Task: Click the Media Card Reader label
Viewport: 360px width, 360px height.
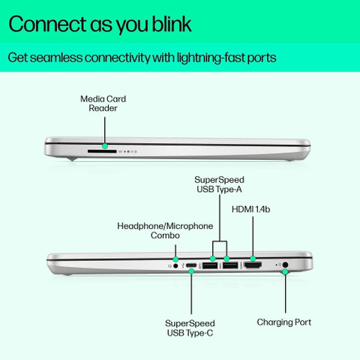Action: pos(103,103)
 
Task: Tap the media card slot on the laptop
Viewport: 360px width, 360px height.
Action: pos(102,151)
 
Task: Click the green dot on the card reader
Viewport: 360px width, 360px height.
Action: pos(105,146)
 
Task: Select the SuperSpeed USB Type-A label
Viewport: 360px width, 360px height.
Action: pos(219,184)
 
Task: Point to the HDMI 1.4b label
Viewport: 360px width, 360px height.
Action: pos(250,209)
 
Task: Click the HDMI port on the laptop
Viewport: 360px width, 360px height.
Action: pos(253,265)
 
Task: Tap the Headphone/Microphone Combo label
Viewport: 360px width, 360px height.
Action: pos(165,230)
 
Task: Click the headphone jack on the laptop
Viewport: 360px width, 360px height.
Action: pos(175,265)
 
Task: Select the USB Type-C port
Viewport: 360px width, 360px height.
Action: pos(191,265)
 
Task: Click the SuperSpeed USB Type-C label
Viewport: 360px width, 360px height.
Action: pos(190,328)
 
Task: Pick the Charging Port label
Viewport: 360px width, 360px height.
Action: pos(284,322)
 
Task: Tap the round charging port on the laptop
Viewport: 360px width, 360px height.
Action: pos(285,265)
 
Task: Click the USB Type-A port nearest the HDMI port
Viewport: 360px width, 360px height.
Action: pos(230,265)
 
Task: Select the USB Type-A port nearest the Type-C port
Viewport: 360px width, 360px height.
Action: pos(210,265)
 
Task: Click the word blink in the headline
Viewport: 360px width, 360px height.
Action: pos(172,24)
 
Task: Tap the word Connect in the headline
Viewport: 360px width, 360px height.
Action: pos(47,24)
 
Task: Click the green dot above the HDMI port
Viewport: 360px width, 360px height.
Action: pos(253,259)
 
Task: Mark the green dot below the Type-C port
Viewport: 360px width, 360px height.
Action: pos(191,271)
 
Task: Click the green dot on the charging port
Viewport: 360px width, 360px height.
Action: pos(285,271)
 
